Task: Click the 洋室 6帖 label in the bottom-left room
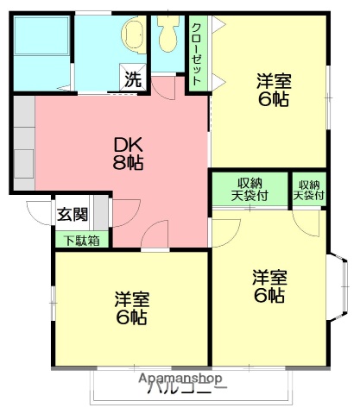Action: pyautogui.click(x=132, y=308)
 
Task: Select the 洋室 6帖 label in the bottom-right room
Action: pyautogui.click(x=268, y=286)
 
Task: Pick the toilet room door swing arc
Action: pyautogui.click(x=174, y=84)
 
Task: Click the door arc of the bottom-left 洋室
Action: pyautogui.click(x=155, y=234)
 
